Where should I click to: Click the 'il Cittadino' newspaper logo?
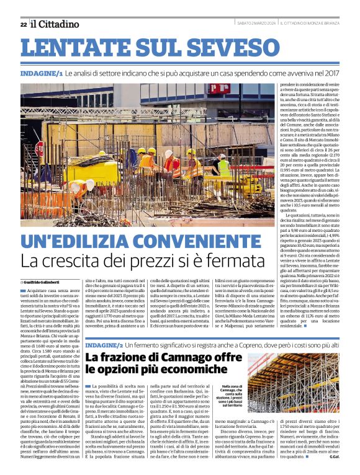(55, 24)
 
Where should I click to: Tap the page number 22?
(23, 24)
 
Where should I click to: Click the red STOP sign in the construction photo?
(40, 149)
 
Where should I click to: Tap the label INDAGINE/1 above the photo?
(41, 73)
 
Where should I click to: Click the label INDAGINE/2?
(104, 344)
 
